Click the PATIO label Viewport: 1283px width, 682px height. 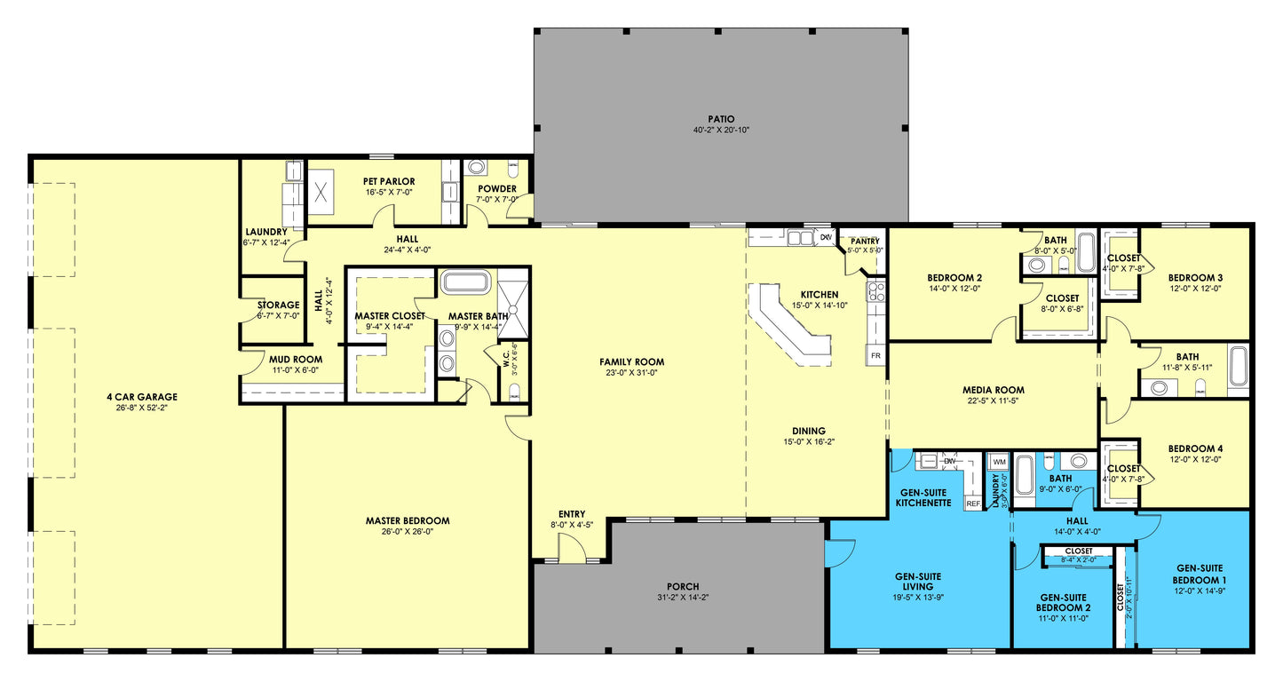(x=721, y=118)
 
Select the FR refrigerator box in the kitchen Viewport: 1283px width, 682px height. (x=875, y=355)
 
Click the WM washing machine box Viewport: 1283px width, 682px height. (x=999, y=462)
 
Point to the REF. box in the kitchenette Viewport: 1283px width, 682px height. (x=973, y=504)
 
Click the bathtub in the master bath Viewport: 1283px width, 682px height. (x=465, y=283)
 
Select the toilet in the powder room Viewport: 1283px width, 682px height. (x=477, y=167)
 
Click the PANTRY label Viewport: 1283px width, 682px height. (x=864, y=241)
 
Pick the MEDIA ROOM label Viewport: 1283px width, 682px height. (x=994, y=390)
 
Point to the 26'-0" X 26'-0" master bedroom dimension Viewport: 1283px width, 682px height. (x=408, y=532)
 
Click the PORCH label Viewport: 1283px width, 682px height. (x=683, y=586)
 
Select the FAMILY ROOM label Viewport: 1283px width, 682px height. (x=631, y=361)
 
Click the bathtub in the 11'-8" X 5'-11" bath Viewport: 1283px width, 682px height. (x=1238, y=366)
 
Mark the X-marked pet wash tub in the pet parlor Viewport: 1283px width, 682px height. (x=321, y=191)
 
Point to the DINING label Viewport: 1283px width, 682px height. (x=804, y=431)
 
